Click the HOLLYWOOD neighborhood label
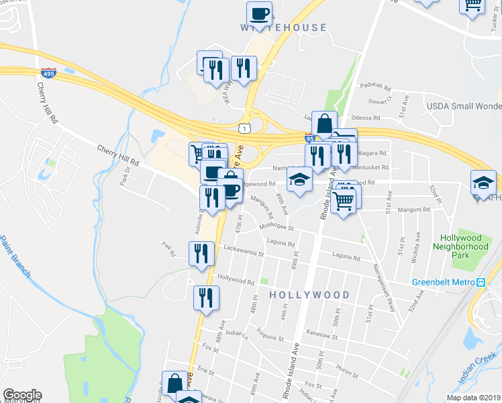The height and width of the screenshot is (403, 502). (309, 295)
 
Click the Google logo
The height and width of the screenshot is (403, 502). (22, 395)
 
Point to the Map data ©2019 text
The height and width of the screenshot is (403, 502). (474, 397)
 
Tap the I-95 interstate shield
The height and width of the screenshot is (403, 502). (309, 138)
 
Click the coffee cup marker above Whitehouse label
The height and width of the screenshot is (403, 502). (259, 13)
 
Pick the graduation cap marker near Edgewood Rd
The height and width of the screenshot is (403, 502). (299, 179)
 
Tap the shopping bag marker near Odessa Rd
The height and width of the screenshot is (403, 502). (324, 124)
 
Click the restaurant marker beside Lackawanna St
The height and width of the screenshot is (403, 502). (201, 254)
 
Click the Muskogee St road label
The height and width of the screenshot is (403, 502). (277, 228)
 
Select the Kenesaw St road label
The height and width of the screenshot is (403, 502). (319, 333)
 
